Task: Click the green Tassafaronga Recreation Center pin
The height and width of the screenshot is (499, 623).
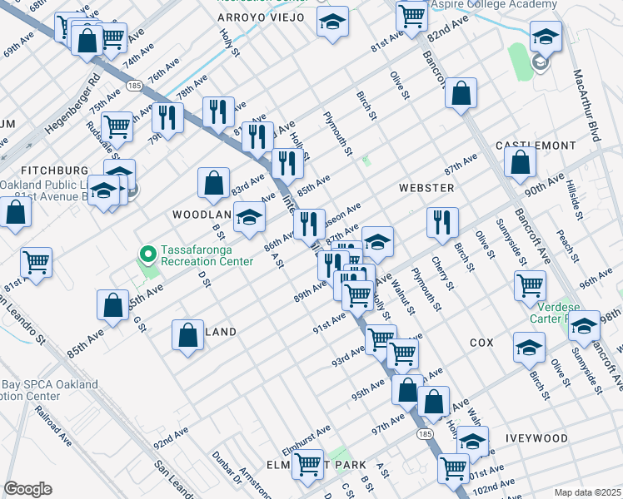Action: tap(148, 254)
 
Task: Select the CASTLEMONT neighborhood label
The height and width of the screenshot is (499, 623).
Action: tap(536, 146)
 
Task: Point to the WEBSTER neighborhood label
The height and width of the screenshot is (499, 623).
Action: tap(426, 188)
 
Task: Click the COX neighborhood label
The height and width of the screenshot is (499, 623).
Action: tap(481, 343)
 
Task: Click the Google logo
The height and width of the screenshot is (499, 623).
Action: tap(27, 488)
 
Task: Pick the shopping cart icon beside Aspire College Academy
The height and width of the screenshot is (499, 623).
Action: tap(411, 14)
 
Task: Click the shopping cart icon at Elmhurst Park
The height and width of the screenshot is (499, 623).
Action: tap(308, 464)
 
